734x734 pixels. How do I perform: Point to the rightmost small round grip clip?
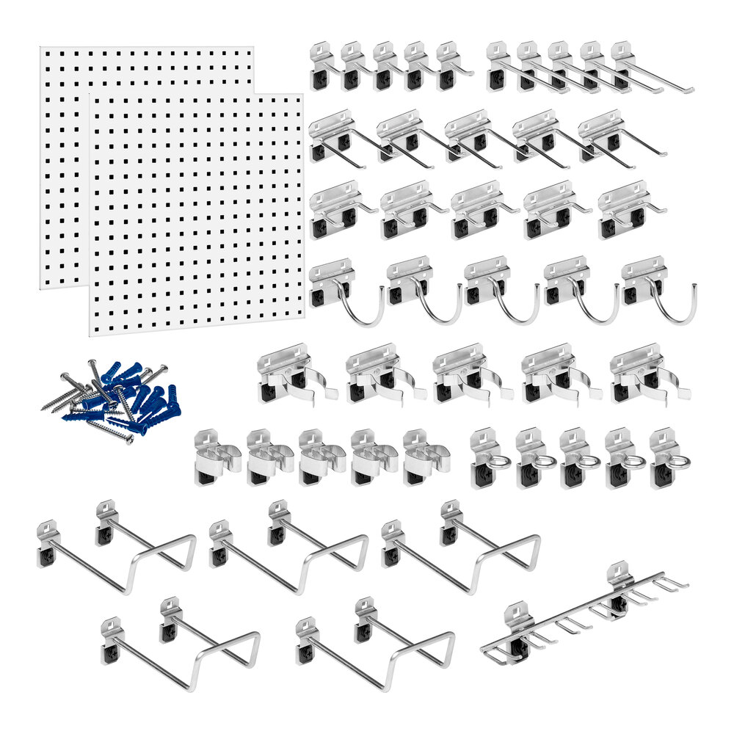click(x=421, y=459)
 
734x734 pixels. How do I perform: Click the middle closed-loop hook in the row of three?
click(x=294, y=550)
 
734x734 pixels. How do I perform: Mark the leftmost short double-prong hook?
click(x=334, y=209)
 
